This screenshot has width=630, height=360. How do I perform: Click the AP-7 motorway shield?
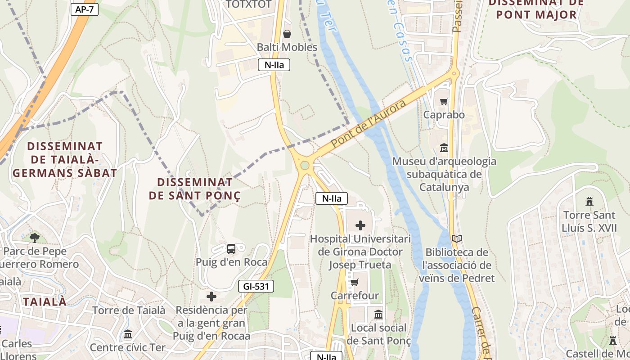pos(85,9)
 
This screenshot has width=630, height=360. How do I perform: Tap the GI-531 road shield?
pos(256,286)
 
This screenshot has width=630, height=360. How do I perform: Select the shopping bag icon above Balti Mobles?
pos(287,34)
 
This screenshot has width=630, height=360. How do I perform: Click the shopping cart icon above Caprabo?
pos(444,102)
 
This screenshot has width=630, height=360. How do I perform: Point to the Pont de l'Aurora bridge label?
pos(368,124)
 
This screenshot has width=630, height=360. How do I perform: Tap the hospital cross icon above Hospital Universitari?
pos(360,225)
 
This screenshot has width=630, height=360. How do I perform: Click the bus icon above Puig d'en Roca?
pos(231,248)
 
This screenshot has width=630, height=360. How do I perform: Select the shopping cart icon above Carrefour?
pos(355,283)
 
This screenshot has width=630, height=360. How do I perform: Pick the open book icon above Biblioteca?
pos(457,239)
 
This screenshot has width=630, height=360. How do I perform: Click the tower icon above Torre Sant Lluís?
pos(589,201)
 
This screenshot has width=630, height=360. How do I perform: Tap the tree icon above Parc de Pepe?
pos(34,238)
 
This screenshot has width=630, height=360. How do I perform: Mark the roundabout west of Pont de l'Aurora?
pos(305,166)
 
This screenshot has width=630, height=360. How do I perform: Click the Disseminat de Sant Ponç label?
pos(194,189)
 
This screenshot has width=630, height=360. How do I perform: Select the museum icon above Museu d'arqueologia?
pos(444,148)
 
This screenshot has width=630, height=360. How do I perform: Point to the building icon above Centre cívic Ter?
pos(128,334)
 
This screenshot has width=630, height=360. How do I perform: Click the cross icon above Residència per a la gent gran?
pos(211,297)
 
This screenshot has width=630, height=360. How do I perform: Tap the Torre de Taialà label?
pos(129,310)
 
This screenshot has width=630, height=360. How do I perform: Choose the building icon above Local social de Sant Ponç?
pos(378,315)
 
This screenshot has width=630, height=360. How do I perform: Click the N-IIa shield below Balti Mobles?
pos(274,65)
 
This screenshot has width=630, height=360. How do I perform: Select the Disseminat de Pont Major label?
pos(536,9)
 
